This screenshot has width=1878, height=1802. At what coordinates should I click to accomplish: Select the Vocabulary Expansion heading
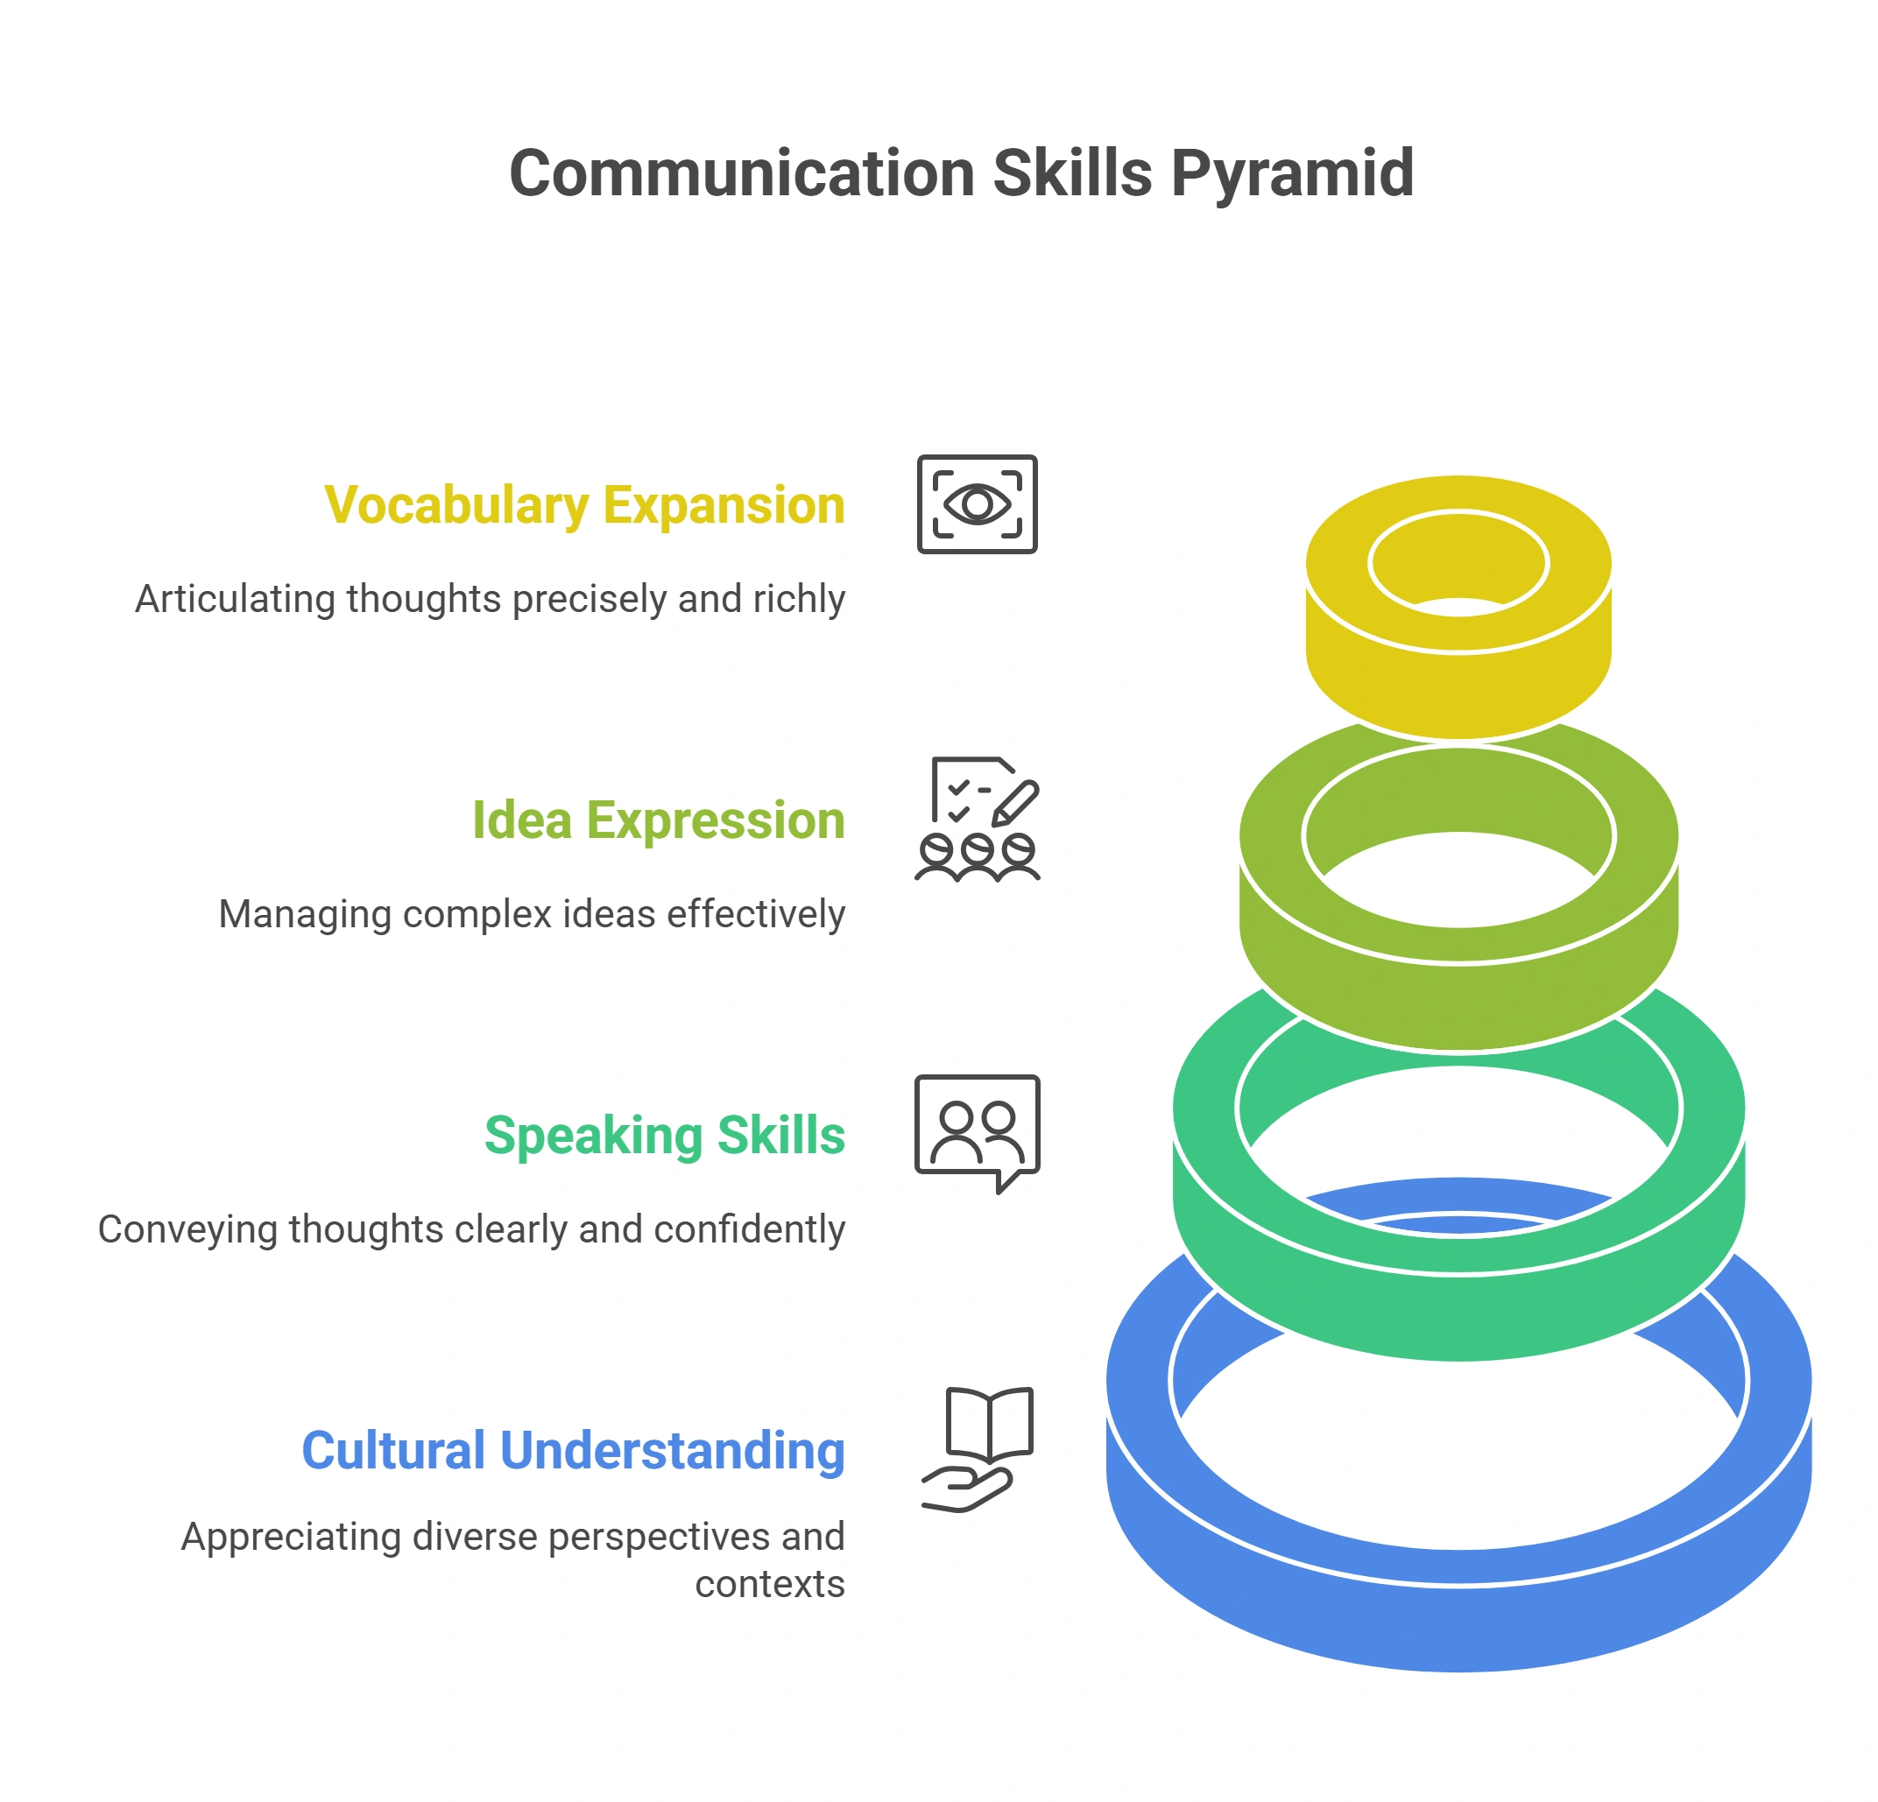click(584, 506)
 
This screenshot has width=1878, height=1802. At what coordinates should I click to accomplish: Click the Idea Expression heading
click(660, 821)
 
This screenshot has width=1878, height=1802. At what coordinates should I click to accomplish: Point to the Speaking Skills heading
click(665, 1137)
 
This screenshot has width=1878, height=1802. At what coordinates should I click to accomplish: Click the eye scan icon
click(978, 503)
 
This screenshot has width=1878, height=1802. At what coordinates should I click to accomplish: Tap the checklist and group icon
click(978, 819)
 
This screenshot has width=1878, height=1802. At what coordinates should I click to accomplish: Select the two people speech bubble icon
click(978, 1134)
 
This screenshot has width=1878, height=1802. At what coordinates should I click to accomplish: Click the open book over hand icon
click(978, 1449)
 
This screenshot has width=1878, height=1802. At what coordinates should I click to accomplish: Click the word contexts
click(770, 1585)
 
